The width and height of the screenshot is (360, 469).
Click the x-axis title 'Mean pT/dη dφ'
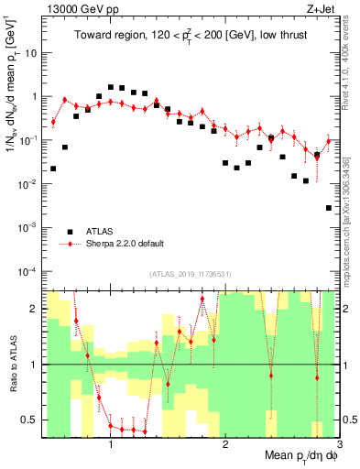298,456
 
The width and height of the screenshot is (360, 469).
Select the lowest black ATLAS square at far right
329,208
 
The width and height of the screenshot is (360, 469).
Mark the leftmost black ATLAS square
53,169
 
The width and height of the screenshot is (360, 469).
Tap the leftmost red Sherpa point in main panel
53,122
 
